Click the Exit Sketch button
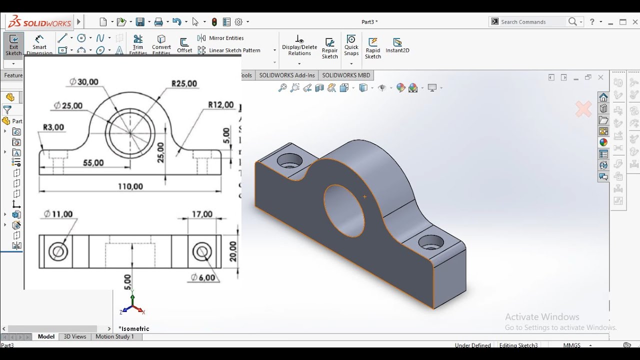(13, 44)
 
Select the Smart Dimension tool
(39, 44)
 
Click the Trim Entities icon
(138, 44)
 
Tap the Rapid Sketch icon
(373, 47)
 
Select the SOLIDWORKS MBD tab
(346, 75)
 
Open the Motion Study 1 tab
(114, 336)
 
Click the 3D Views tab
(75, 336)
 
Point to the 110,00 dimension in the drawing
(130, 186)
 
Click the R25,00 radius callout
(184, 83)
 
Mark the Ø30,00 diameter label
(84, 82)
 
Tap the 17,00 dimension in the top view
(202, 214)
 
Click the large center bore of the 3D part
(344, 210)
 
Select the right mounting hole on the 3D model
(430, 242)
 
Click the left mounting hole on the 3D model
(289, 160)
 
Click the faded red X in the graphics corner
(583, 109)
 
